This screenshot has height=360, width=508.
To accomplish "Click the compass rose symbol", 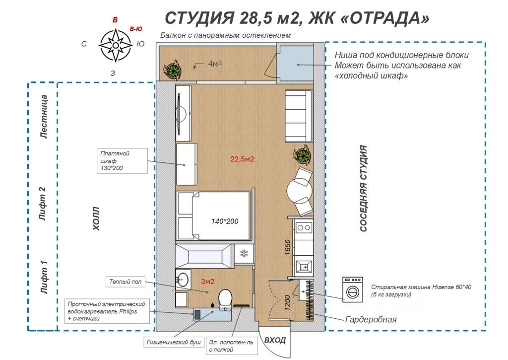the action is [115, 45].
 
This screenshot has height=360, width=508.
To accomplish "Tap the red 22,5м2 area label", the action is [242, 159].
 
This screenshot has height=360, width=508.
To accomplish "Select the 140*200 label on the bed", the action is [225, 221].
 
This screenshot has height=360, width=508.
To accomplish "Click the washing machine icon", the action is [353, 289].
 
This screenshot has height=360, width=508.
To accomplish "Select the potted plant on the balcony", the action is [172, 69].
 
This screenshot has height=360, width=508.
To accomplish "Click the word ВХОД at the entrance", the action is [275, 340].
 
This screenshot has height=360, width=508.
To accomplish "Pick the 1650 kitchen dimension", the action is [287, 247].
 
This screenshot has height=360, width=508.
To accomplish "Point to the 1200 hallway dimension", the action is [287, 302].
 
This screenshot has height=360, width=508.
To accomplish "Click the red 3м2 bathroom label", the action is [208, 282].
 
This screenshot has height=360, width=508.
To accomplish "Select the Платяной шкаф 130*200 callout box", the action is [122, 161].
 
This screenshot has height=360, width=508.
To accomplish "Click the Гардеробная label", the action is [371, 319].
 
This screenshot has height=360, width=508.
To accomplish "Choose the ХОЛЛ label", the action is [96, 218].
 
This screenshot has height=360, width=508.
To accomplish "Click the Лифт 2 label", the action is [43, 204].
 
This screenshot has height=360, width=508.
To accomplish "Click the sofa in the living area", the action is [299, 116].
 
